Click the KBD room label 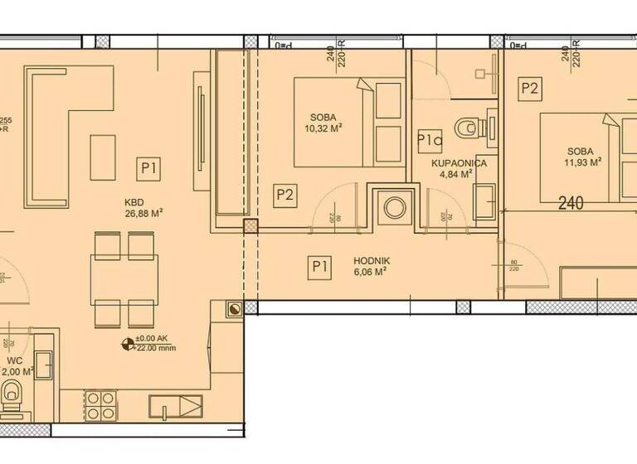134,201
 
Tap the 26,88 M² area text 143,212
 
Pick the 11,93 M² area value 584,162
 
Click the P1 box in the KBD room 148,169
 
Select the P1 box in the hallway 319,266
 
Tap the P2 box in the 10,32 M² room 285,195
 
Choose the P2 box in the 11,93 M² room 529,86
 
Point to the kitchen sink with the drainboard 175,407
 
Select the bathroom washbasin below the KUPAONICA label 484,199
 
